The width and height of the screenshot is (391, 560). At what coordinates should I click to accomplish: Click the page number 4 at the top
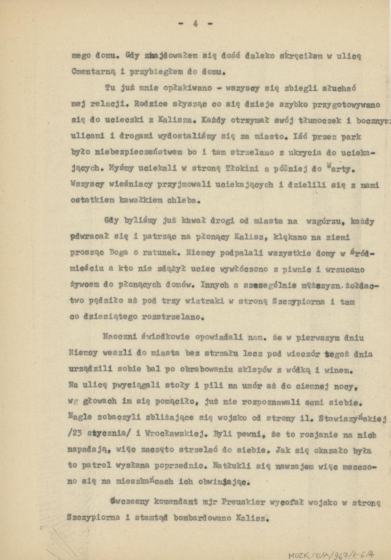click(x=195, y=24)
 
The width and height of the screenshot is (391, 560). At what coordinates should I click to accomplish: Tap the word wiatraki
click(x=214, y=301)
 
